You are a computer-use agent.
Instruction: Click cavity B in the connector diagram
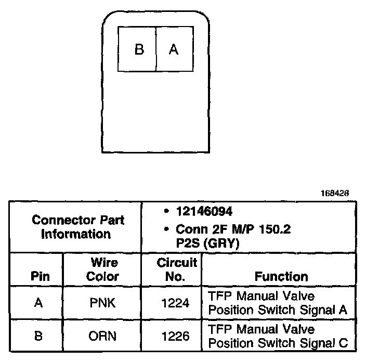click(x=139, y=49)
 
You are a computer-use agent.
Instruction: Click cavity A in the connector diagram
click(x=174, y=49)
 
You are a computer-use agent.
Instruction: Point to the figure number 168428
click(x=334, y=193)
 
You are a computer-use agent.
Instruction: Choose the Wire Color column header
click(x=102, y=269)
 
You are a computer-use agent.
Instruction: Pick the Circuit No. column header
click(x=177, y=269)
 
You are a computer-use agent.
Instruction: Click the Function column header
click(x=281, y=276)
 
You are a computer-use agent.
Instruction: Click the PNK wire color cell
click(x=102, y=303)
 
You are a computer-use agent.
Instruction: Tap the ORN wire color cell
click(x=102, y=336)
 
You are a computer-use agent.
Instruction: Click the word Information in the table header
click(x=76, y=234)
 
